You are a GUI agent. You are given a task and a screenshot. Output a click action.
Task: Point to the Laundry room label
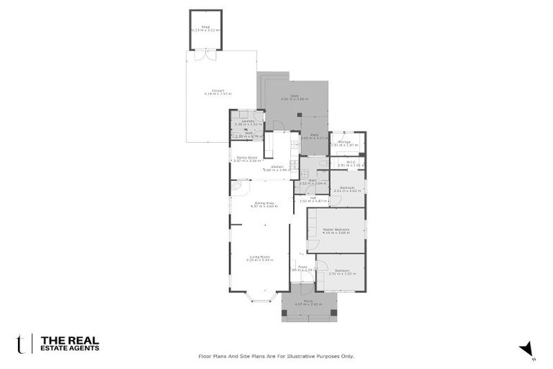click(x=242, y=121)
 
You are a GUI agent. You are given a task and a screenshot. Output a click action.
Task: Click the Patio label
click(x=315, y=134)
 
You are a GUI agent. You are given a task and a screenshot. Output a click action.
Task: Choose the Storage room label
click(x=344, y=142)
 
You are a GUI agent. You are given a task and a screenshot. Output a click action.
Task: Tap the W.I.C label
click(x=348, y=162)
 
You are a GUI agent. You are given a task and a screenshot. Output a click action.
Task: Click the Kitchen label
click(x=277, y=167)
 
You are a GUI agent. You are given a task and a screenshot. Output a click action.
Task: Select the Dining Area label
click(x=264, y=203)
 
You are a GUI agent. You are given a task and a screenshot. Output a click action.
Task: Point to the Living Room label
click(x=259, y=257)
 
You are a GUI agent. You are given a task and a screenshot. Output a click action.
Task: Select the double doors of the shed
click(x=206, y=54)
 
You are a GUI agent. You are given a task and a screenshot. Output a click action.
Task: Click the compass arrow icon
click(x=527, y=348)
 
